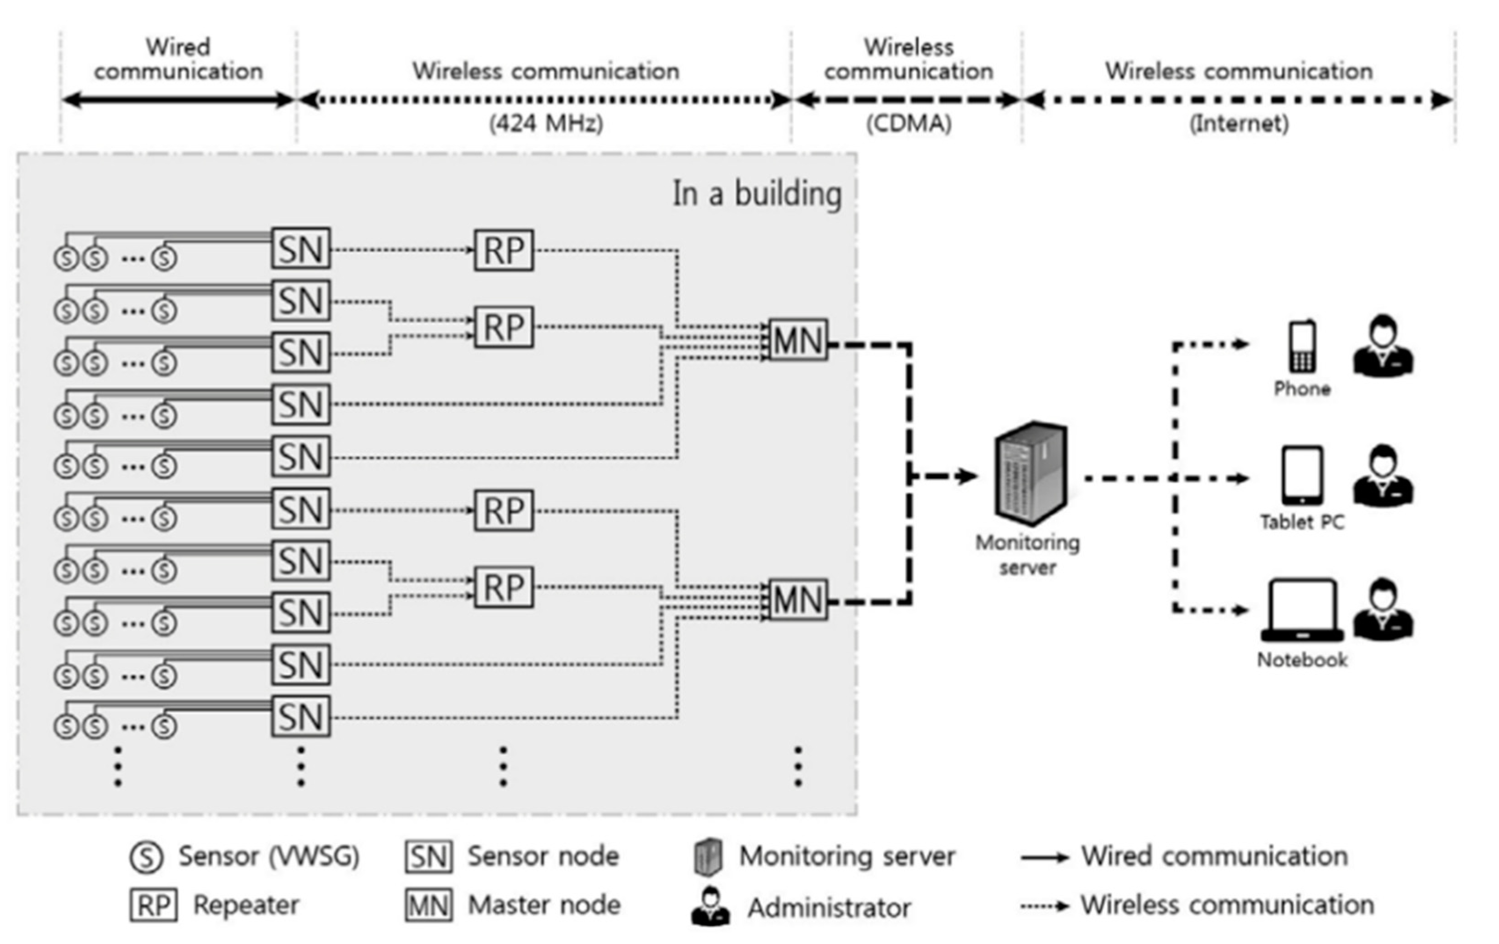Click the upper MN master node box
(798, 340)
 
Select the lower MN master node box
(798, 600)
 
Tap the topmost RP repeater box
(504, 250)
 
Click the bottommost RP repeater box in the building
(504, 587)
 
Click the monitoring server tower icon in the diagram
(1030, 473)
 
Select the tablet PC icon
(1302, 475)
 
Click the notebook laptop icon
(1302, 611)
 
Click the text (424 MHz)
(546, 123)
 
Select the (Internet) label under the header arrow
(1239, 123)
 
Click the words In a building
(757, 194)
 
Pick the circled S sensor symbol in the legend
(146, 858)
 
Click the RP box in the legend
(154, 905)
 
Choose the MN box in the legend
(429, 905)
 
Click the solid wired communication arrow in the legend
(1044, 858)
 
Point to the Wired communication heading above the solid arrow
(178, 59)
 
